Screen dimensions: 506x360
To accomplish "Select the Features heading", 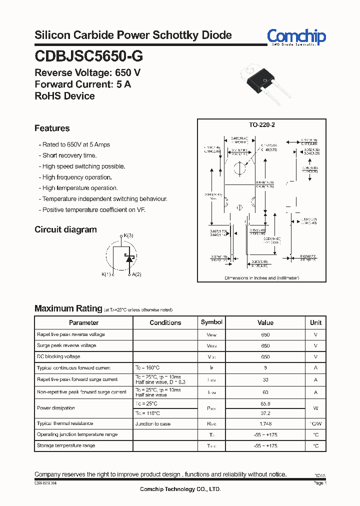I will click(52, 128).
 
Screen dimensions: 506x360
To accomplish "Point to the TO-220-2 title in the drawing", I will click(262, 125).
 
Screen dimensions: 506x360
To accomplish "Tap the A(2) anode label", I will click(135, 274).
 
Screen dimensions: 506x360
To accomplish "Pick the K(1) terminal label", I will click(106, 274).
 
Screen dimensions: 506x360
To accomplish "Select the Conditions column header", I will click(165, 322).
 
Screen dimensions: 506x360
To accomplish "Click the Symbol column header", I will click(211, 322).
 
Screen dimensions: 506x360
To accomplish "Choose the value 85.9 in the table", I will click(265, 403).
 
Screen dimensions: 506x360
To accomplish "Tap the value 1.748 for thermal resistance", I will click(265, 424).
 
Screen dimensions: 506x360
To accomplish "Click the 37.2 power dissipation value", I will click(265, 413).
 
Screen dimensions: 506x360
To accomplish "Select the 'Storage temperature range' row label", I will click(66, 445).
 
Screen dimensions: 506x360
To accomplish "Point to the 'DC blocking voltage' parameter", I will click(58, 356).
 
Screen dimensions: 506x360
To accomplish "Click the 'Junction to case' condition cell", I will click(153, 424).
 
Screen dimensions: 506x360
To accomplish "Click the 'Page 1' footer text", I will click(320, 483).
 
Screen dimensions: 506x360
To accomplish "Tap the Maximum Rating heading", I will click(68, 308).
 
